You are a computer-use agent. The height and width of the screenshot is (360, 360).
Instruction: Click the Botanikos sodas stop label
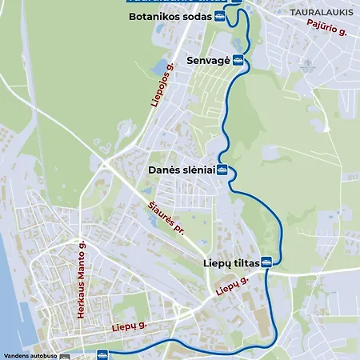pos(164,15)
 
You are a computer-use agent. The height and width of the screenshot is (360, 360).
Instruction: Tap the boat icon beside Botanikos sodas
pos(219,15)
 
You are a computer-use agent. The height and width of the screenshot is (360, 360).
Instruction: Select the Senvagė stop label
pos(208,60)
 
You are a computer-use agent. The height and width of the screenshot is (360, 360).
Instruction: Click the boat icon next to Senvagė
pos(238,60)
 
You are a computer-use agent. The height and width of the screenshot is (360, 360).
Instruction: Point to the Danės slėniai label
pos(181,170)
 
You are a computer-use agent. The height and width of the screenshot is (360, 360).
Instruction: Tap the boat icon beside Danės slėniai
pos(223,170)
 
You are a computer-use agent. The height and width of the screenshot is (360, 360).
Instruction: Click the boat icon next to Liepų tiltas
pos(266,262)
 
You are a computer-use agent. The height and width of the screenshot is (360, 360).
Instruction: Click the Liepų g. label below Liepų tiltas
pos(232,285)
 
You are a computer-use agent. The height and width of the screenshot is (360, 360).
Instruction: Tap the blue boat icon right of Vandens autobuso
pos(102,354)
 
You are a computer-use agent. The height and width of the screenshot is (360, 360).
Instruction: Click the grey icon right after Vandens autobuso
pos(65,355)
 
